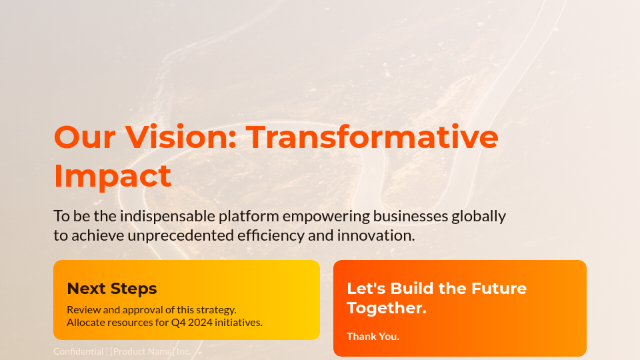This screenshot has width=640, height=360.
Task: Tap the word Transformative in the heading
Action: pos(373,137)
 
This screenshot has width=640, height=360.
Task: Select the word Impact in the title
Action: pos(112,176)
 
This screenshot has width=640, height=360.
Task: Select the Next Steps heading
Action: pos(112,289)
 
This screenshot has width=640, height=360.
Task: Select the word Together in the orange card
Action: pos(386,308)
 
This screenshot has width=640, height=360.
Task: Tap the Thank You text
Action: pos(373,337)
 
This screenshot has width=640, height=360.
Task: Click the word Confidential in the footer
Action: pos(78,351)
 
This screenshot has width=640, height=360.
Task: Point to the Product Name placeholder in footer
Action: pos(143,351)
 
